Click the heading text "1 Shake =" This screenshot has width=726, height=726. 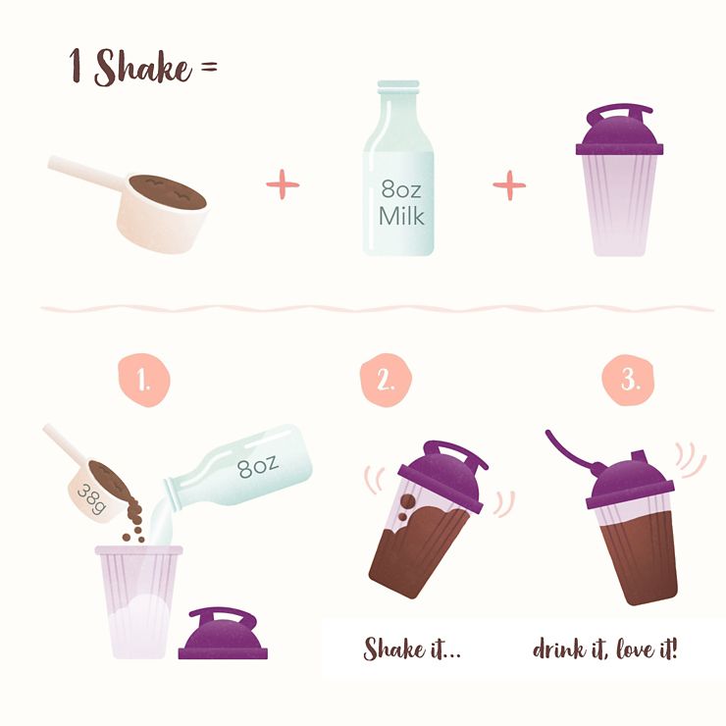tap(143, 67)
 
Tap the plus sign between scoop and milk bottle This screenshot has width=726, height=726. tap(283, 184)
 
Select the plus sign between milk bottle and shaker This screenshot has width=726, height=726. tap(509, 185)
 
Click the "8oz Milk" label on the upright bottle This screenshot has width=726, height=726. tap(401, 203)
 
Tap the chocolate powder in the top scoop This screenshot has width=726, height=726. tap(167, 191)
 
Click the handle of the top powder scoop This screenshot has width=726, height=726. tap(87, 172)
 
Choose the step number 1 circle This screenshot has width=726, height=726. tap(144, 380)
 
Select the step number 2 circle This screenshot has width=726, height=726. tap(386, 380)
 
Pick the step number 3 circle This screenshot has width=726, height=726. tap(628, 380)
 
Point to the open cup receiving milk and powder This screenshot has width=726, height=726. tap(138, 602)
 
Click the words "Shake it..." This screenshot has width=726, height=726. tap(412, 648)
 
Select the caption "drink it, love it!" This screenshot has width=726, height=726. tap(604, 648)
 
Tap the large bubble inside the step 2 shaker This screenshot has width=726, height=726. tap(408, 501)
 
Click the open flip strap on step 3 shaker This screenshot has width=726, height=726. tap(574, 450)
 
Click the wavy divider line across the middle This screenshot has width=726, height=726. tap(377, 308)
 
